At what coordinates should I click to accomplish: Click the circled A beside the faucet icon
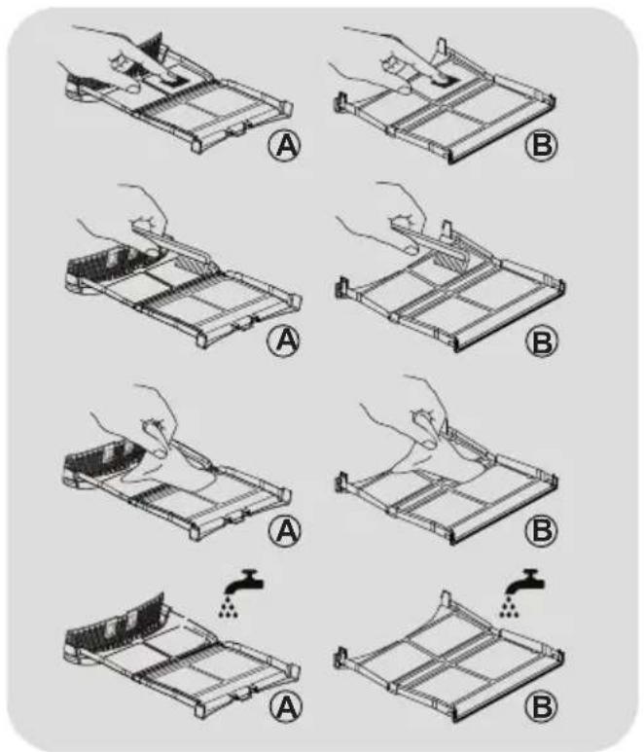[x=285, y=707]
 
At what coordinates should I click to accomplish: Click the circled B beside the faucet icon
[x=542, y=707]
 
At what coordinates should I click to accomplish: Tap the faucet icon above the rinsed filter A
[x=245, y=581]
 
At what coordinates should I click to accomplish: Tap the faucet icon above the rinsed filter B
[x=525, y=581]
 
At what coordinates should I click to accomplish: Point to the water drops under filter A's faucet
[x=229, y=607]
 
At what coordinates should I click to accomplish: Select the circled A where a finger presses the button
[x=284, y=145]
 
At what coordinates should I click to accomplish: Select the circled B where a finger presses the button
[x=542, y=145]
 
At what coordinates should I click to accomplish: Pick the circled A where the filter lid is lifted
[x=283, y=340]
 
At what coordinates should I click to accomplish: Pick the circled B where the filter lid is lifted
[x=542, y=341]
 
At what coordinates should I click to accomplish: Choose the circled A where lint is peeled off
[x=284, y=530]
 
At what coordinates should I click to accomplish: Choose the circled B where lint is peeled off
[x=542, y=530]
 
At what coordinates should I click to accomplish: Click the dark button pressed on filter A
[x=171, y=82]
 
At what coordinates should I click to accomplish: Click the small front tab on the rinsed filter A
[x=242, y=692]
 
